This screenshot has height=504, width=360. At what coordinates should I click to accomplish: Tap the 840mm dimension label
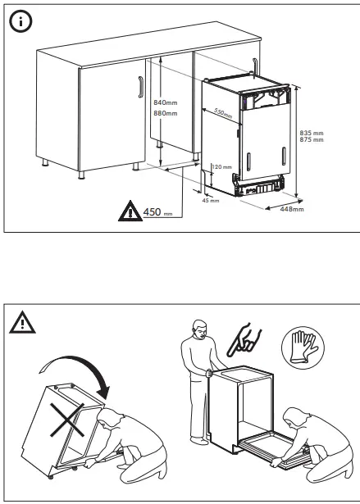click(x=166, y=102)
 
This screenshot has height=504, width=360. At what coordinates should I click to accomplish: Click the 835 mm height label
click(x=312, y=133)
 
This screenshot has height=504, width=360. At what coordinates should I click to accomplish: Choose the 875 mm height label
click(x=312, y=140)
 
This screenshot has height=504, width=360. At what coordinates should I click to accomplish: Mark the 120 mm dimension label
click(x=222, y=167)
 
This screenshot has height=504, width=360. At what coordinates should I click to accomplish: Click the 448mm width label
click(x=292, y=210)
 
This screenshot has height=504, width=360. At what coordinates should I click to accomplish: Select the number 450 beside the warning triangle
click(x=152, y=212)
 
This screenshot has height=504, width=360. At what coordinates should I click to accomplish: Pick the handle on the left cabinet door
click(x=141, y=85)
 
